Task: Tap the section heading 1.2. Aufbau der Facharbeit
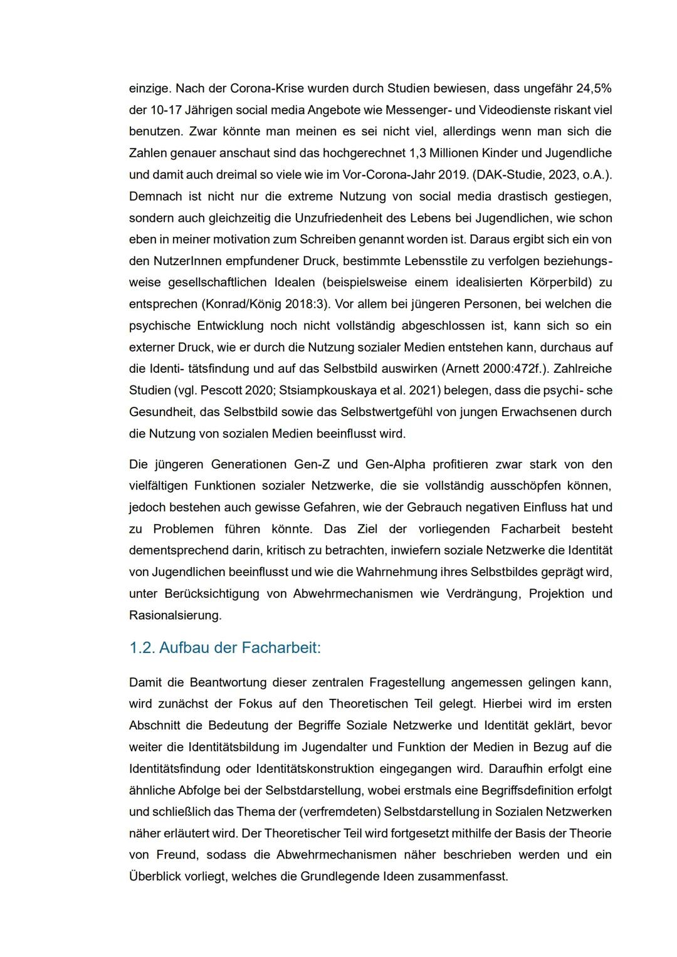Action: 224,647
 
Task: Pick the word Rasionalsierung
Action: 175,615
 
